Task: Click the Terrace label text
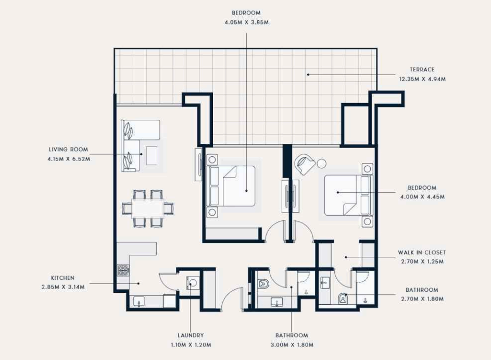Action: pos(422,70)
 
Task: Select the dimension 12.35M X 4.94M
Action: pos(422,79)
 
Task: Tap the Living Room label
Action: pos(68,150)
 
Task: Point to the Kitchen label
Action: pos(62,278)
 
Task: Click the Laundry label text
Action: pos(191,335)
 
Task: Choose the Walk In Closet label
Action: pos(422,252)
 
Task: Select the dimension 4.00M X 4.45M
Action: pos(422,197)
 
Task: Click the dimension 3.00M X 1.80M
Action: pos(292,345)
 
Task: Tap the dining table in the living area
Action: pos(148,208)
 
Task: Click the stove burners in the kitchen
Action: pos(123,270)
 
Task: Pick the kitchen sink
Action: pos(138,302)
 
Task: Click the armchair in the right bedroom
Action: pos(305,164)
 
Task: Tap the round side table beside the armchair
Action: pos(321,164)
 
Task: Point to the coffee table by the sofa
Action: pos(152,155)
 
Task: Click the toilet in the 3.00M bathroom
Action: pos(264,283)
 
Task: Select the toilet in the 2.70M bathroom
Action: pos(344,299)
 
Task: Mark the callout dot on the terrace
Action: pos(308,75)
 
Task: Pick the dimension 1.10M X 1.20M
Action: pos(191,345)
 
